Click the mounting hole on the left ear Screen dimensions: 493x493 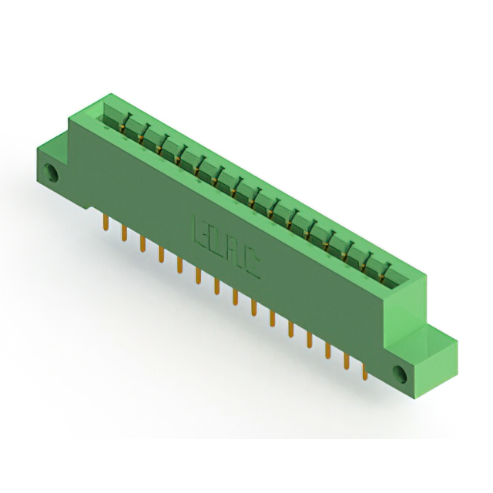point(54,172)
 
